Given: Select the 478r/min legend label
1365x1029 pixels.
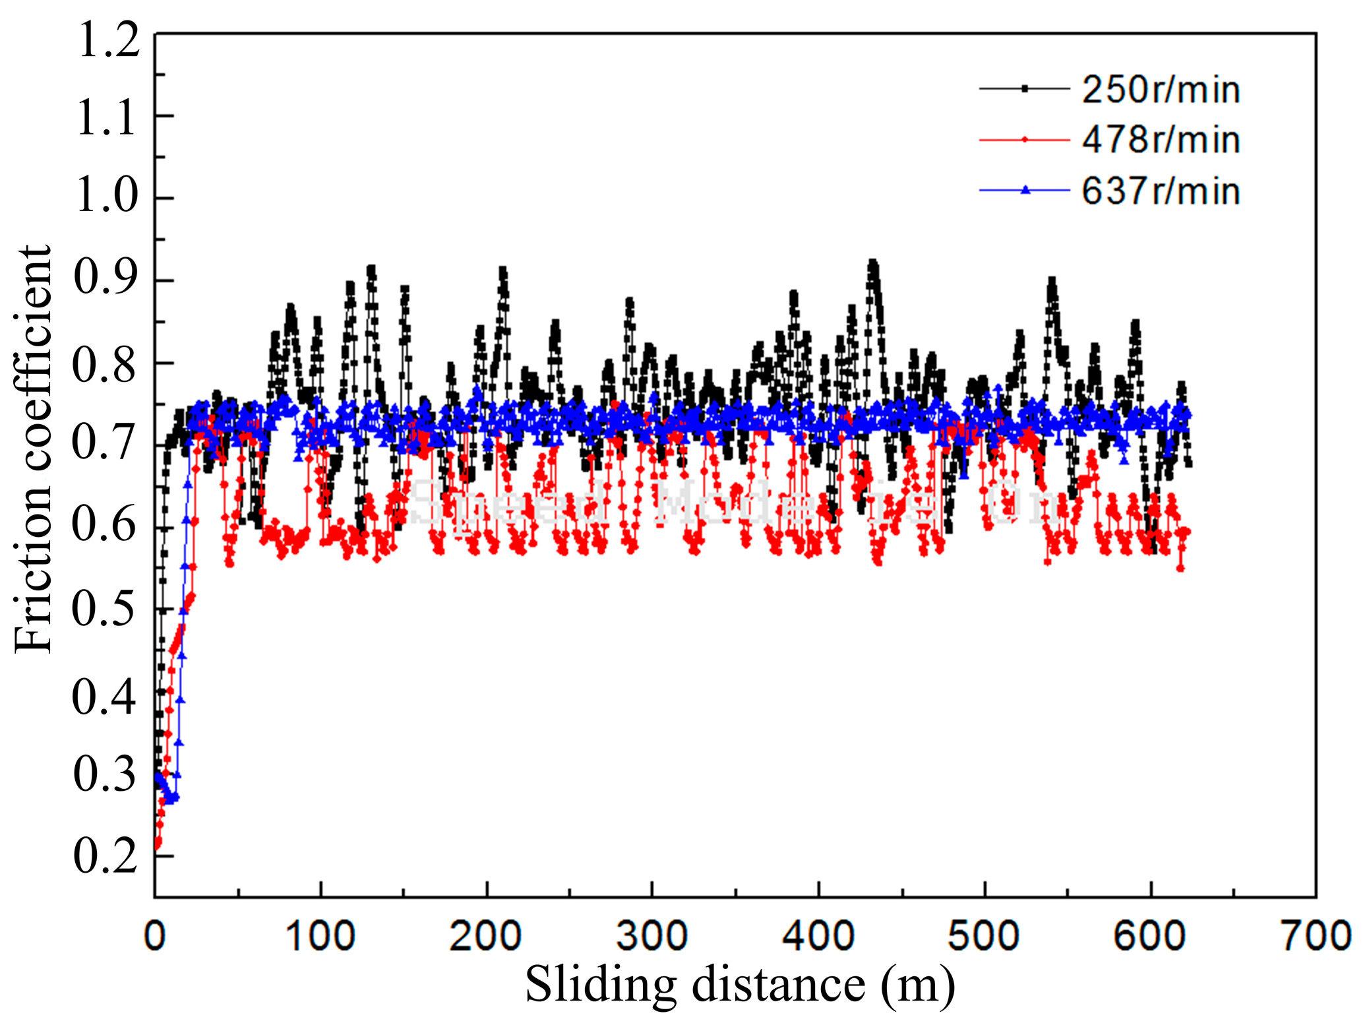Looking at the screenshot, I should click(x=1161, y=140).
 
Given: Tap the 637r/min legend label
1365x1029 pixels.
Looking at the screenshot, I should click(x=1161, y=191).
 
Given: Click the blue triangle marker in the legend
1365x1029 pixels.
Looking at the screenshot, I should click(x=1025, y=191).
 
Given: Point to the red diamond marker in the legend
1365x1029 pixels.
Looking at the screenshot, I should click(x=1025, y=140).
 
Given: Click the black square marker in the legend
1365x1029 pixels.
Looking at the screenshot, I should click(x=1025, y=88).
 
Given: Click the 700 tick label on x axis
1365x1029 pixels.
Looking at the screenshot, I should click(x=1315, y=936).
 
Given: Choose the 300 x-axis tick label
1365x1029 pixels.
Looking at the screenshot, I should click(x=652, y=936).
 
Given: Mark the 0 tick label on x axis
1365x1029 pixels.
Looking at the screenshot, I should click(x=155, y=936).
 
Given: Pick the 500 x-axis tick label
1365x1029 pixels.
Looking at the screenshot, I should click(x=984, y=936).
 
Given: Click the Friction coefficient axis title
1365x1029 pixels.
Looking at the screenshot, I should click(x=33, y=449).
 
